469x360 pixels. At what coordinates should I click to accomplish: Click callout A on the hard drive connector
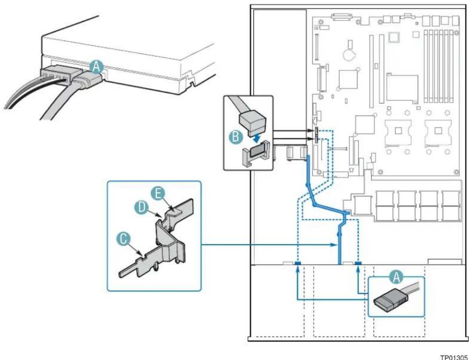click(x=96, y=66)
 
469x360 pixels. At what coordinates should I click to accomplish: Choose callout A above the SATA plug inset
click(x=396, y=278)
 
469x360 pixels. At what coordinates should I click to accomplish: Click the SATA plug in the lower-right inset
click(x=390, y=301)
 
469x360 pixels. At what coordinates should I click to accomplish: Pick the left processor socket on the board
click(x=398, y=131)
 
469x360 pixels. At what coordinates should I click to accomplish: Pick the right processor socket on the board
click(x=439, y=131)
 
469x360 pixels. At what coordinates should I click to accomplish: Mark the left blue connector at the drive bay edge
click(x=298, y=263)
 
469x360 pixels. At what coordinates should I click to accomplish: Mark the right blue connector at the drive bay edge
click(x=358, y=263)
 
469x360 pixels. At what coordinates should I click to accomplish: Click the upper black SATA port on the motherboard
click(x=315, y=131)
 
